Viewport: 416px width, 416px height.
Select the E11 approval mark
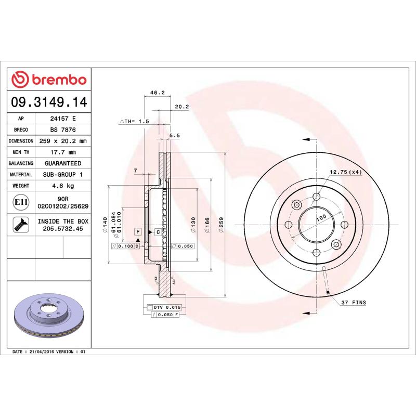[x=21, y=202]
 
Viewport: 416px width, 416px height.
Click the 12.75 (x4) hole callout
[x=345, y=172]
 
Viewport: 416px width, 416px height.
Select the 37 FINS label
[x=354, y=302]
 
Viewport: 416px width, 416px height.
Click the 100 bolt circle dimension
[x=321, y=217]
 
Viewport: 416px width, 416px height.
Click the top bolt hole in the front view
[x=316, y=197]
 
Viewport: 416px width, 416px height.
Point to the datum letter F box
[x=138, y=231]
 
